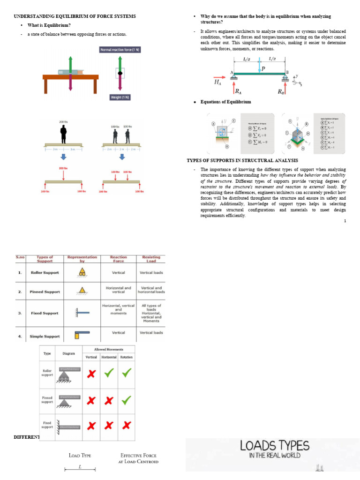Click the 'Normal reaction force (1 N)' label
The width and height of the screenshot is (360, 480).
click(x=120, y=50)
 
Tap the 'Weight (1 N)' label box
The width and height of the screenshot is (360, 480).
click(x=120, y=97)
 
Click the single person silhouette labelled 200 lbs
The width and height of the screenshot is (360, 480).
click(x=63, y=134)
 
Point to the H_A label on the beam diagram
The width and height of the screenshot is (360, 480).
click(x=217, y=82)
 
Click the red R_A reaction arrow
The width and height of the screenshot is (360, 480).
click(x=233, y=85)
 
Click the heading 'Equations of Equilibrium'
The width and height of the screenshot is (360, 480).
click(x=225, y=102)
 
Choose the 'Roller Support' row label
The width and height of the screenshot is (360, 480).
click(x=45, y=272)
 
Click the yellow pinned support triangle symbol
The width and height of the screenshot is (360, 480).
click(x=82, y=291)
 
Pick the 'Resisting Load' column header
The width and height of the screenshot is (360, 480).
click(x=151, y=259)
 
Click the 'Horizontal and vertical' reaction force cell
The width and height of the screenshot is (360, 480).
click(x=119, y=289)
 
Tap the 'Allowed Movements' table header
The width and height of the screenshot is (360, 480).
click(x=108, y=349)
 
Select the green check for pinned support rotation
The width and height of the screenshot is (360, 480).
click(x=126, y=400)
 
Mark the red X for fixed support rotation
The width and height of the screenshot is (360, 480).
click(x=126, y=426)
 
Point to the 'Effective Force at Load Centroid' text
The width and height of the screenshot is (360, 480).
click(x=138, y=458)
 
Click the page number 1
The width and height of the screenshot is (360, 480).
click(x=345, y=221)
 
